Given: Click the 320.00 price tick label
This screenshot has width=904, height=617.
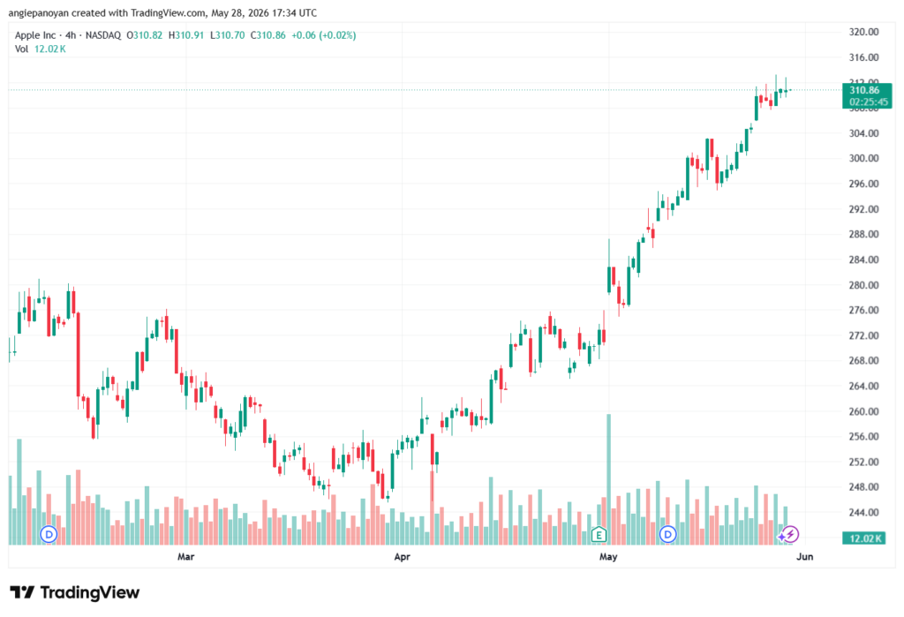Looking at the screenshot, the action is click(863, 32).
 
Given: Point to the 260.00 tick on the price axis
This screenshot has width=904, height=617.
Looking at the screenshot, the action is click(863, 411).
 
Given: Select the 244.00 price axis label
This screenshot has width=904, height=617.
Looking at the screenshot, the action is click(863, 512).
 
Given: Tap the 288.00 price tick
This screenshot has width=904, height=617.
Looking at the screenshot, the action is click(863, 234).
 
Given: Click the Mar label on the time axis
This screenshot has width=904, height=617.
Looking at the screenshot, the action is click(185, 556).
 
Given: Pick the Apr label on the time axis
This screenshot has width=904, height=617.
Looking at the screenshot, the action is click(402, 556).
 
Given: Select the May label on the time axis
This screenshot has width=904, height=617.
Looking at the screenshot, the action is click(608, 556).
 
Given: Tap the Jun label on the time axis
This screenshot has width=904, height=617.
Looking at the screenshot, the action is click(805, 556).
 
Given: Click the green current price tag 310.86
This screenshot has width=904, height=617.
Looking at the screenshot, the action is click(867, 95).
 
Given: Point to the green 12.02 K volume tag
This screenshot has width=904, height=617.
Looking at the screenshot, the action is click(863, 538).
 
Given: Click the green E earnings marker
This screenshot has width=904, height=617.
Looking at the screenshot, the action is click(599, 535).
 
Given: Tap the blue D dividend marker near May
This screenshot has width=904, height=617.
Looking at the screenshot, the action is click(667, 534).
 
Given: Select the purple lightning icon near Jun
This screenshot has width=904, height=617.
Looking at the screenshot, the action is click(790, 534).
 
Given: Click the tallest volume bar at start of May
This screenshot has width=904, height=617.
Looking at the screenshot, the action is click(608, 479).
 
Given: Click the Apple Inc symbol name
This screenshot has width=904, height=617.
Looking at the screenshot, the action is click(35, 35).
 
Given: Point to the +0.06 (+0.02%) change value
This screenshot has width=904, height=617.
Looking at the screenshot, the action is click(323, 35).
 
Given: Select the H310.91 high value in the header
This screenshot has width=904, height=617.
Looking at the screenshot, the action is click(186, 35).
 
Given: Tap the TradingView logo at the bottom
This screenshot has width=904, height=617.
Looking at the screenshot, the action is click(75, 592).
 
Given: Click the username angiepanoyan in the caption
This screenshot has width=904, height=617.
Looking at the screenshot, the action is click(39, 12).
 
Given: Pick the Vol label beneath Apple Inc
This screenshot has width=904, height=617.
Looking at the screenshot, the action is click(21, 49).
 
